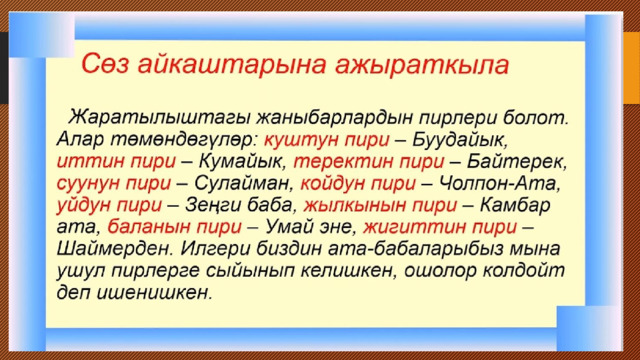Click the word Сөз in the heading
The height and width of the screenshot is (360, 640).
104,64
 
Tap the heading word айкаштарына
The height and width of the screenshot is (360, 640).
232,65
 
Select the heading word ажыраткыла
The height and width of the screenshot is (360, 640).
422,65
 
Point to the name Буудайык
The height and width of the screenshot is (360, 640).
460,140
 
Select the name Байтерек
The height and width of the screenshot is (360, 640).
517,162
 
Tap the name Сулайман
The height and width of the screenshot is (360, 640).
244,183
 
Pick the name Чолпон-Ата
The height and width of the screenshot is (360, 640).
500,183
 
